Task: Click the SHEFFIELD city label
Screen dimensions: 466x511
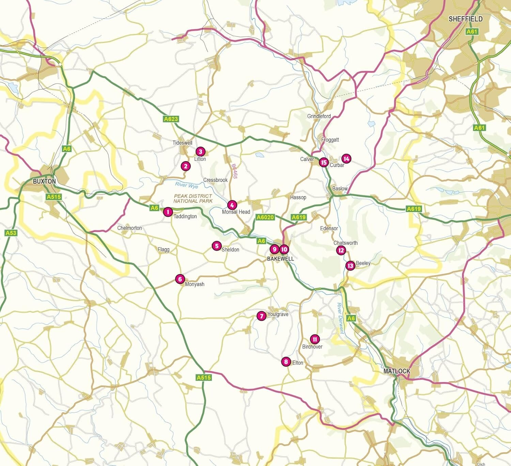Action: pos(465,19)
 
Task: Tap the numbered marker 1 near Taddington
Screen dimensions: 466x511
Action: pos(168,212)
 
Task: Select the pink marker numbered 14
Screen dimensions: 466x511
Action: pos(346,159)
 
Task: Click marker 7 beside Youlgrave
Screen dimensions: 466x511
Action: pos(261,316)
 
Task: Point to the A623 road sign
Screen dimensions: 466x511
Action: pos(171,119)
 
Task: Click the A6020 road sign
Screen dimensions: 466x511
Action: pos(265,217)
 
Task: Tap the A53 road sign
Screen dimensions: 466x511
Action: pos(11,233)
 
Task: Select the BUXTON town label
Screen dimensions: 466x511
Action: pos(44,181)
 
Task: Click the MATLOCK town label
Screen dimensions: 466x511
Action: pos(397,371)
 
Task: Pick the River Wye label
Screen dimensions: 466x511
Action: pos(187,185)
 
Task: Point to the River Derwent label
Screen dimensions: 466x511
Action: pos(341,318)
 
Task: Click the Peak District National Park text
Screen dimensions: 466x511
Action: pos(193,198)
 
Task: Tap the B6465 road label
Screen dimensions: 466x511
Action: pos(234,171)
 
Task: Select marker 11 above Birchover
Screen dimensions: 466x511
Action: pos(315,339)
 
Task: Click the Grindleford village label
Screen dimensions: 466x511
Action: pos(319,116)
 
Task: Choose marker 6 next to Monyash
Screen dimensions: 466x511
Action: pos(180,279)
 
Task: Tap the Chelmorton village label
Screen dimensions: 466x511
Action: pos(129,228)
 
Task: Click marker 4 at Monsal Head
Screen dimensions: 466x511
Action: pos(232,205)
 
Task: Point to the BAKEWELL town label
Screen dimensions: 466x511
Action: pos(280,259)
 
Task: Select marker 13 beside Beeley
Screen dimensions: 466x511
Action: pos(350,266)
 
